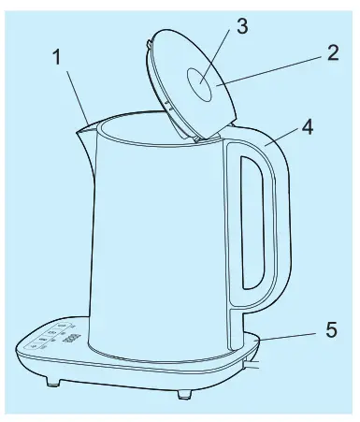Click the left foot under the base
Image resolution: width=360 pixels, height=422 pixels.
click(53, 381)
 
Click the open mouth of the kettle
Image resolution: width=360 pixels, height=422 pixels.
click(150, 128)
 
